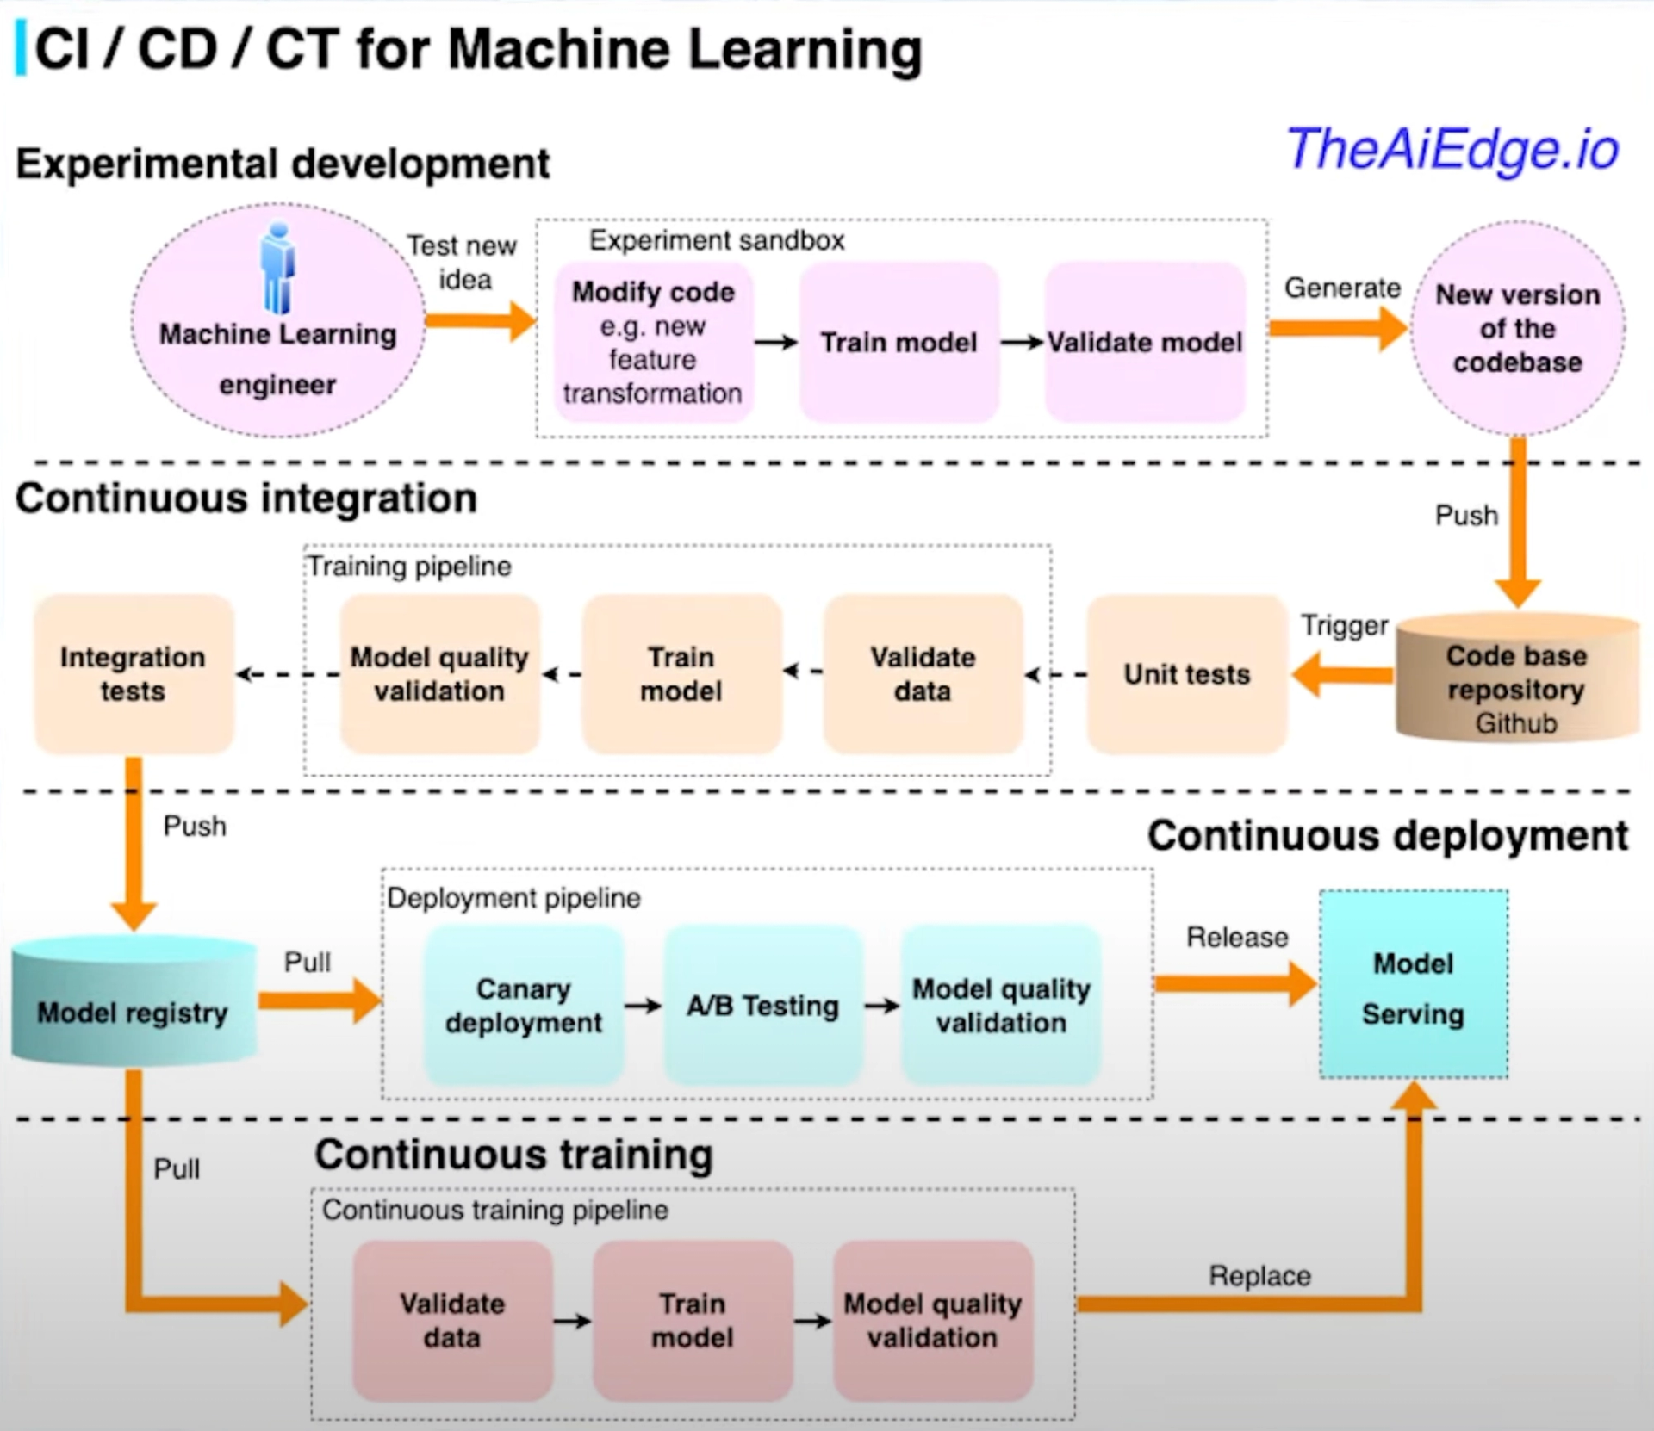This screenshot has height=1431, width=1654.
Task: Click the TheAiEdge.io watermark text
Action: (x=1452, y=150)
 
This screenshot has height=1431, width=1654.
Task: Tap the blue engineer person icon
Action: (x=277, y=269)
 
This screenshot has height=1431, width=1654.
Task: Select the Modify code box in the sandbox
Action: (x=653, y=342)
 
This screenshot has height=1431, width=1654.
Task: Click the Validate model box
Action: (x=1144, y=342)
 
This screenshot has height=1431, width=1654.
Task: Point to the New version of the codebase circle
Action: (x=1517, y=328)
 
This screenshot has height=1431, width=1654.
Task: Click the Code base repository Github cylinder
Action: (x=1516, y=680)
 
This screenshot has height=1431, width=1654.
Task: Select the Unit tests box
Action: (x=1186, y=674)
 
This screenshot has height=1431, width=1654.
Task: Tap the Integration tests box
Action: (x=133, y=674)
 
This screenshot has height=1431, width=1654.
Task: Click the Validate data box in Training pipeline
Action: (x=923, y=674)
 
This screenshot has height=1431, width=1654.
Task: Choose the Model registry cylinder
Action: (x=133, y=1007)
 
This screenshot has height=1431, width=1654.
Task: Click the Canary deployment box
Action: (x=523, y=1005)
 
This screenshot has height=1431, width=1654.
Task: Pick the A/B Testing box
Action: (x=762, y=1005)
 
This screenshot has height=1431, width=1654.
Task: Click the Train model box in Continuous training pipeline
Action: (x=692, y=1320)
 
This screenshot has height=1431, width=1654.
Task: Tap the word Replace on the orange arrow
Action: (x=1259, y=1275)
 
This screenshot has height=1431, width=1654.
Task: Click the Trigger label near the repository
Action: (x=1344, y=625)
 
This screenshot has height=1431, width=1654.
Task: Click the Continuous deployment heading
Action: (x=1387, y=836)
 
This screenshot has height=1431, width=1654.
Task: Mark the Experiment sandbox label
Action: (x=716, y=240)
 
